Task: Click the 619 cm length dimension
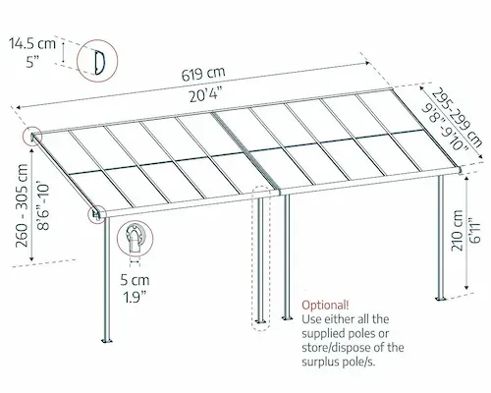pyautogui.click(x=203, y=75)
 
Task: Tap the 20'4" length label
pyautogui.click(x=207, y=95)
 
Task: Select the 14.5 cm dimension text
pyautogui.click(x=32, y=43)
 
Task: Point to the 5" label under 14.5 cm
pyautogui.click(x=32, y=62)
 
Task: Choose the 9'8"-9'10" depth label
pyautogui.click(x=445, y=127)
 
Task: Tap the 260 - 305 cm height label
pyautogui.click(x=22, y=205)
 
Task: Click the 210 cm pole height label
pyautogui.click(x=457, y=231)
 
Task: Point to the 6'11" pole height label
pyautogui.click(x=474, y=230)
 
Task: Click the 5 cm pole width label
pyautogui.click(x=135, y=280)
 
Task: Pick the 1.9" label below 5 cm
pyautogui.click(x=135, y=298)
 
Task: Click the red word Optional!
pyautogui.click(x=325, y=305)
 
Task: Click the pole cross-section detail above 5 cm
pyautogui.click(x=135, y=239)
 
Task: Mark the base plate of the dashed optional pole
pyautogui.click(x=261, y=321)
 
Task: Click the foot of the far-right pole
pyautogui.click(x=440, y=299)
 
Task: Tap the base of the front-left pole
pyautogui.click(x=107, y=341)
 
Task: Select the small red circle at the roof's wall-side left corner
pyautogui.click(x=32, y=136)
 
